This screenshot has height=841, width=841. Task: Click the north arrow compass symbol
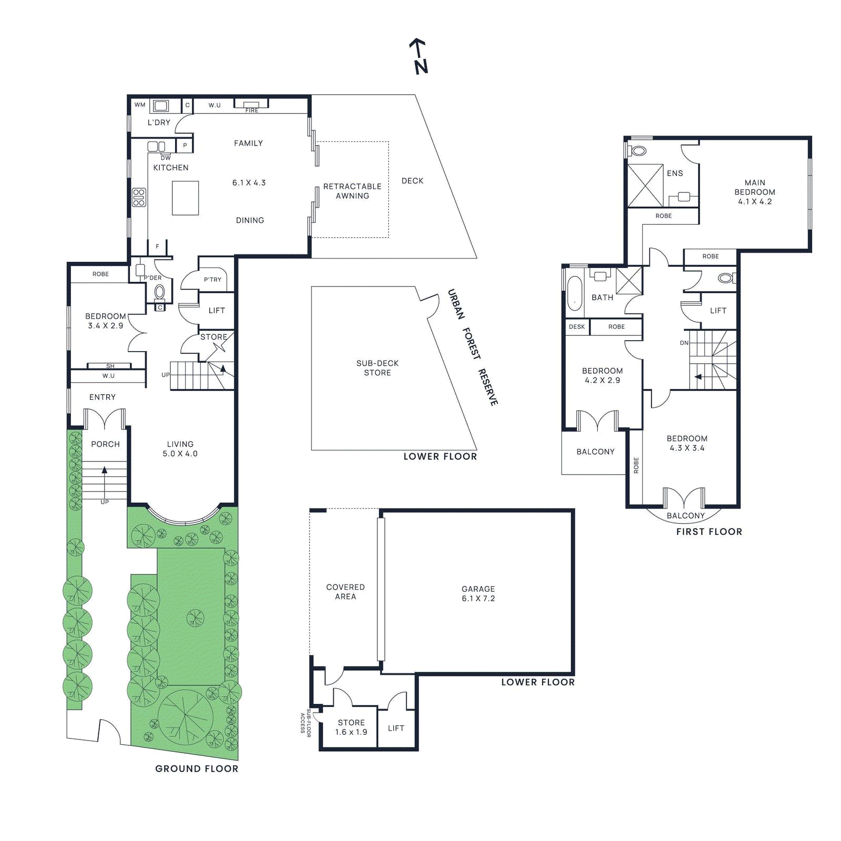pyautogui.click(x=419, y=56)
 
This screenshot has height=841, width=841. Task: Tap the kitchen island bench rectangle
pyautogui.click(x=185, y=198)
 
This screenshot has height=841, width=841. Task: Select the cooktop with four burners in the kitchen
pyautogui.click(x=139, y=198)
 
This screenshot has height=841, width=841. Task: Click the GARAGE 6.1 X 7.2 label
pyautogui.click(x=478, y=593)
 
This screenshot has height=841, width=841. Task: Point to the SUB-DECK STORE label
pyautogui.click(x=377, y=368)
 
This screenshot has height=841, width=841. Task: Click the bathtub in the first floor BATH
pyautogui.click(x=575, y=293)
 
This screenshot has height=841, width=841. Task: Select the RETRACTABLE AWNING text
pyautogui.click(x=352, y=191)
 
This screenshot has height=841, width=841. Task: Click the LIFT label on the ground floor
pyautogui.click(x=217, y=311)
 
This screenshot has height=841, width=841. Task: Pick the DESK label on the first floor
pyautogui.click(x=577, y=327)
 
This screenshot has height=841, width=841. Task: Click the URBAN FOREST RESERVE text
pyautogui.click(x=472, y=347)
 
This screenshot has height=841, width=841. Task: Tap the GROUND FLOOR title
pyautogui.click(x=197, y=768)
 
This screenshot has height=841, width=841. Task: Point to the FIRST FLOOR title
pyautogui.click(x=709, y=531)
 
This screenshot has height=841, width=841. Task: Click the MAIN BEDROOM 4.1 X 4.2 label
pyautogui.click(x=755, y=192)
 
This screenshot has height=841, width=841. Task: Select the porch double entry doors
pyautogui.click(x=105, y=420)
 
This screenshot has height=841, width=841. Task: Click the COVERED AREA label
pyautogui.click(x=345, y=592)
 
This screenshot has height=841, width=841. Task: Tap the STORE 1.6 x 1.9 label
pyautogui.click(x=351, y=727)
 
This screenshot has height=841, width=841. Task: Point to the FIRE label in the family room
pyautogui.click(x=252, y=110)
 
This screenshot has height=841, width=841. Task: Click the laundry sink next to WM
pyautogui.click(x=160, y=106)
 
